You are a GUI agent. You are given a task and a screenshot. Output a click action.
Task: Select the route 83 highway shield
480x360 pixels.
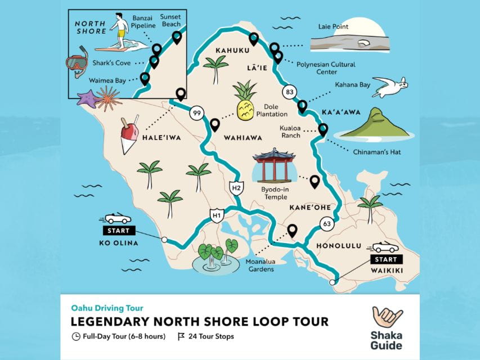point(290,92)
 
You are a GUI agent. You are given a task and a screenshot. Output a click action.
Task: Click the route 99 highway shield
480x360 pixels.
point(196,112)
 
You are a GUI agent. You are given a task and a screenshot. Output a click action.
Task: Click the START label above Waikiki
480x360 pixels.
point(386,259)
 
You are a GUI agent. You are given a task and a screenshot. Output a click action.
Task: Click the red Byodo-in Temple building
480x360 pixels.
point(274,165)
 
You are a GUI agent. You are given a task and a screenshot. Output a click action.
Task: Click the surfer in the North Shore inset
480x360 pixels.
point(120,31)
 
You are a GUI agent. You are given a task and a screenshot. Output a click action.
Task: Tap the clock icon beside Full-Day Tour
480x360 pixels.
point(76,337)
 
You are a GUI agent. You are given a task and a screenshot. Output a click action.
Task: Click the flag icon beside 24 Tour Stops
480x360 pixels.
point(181,337)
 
